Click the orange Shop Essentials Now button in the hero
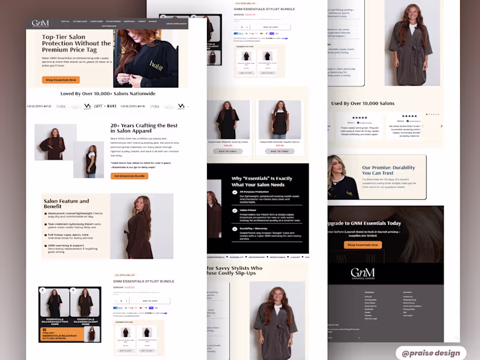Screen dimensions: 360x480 [x=61, y=80]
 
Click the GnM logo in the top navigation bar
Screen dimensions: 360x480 [x=40, y=23]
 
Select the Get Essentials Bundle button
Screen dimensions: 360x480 [x=129, y=176]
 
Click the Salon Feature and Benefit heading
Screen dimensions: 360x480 [x=66, y=204]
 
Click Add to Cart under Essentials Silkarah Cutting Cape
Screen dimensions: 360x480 [x=228, y=151]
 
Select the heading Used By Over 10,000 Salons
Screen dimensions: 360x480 [x=362, y=103]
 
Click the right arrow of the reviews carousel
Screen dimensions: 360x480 [x=442, y=126]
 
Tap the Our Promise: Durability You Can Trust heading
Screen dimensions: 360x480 [x=388, y=170]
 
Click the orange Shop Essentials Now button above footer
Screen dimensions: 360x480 [x=363, y=245]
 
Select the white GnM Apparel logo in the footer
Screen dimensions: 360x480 [x=362, y=274]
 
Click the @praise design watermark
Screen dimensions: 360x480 [x=431, y=353]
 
